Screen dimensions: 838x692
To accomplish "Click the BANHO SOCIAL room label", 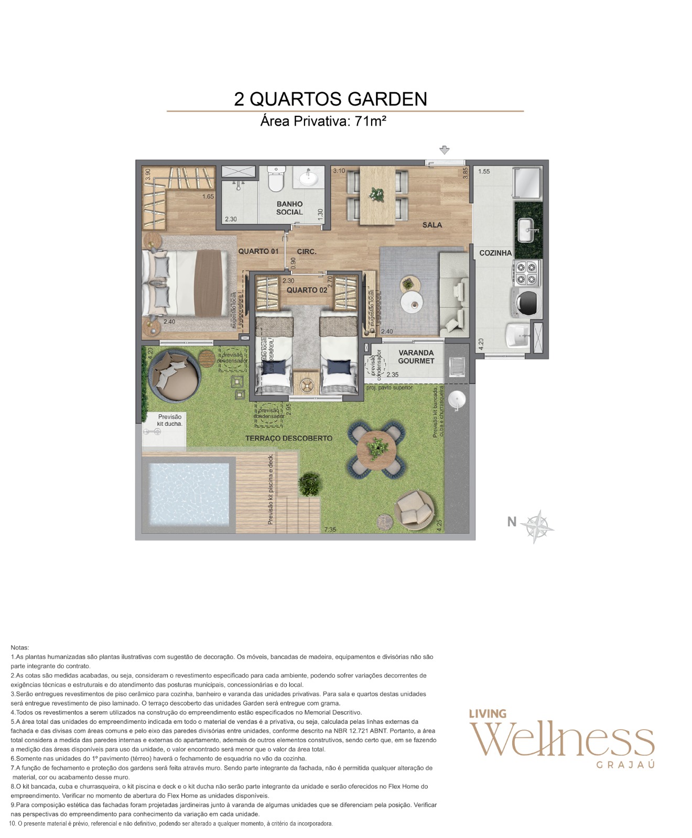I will point(289,208).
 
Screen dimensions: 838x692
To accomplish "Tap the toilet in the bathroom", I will point(275,180).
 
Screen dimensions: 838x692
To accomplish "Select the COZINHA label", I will point(495,252).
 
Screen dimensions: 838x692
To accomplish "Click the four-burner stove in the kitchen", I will point(526,273).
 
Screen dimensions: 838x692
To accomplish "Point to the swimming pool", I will point(188,494).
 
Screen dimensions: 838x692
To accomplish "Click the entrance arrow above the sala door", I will point(445,150).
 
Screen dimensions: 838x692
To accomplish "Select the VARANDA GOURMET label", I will point(416,357).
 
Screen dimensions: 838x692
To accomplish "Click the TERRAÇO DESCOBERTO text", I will point(288,438).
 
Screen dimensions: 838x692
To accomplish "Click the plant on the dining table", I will point(376,195).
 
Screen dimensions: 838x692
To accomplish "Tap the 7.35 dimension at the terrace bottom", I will point(330,530).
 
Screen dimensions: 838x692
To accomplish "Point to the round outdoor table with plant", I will point(376,449).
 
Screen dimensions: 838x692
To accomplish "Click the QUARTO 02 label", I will point(307,290).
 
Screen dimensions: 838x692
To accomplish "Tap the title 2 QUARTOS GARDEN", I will point(330,99).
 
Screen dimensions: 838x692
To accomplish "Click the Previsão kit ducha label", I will point(170,420).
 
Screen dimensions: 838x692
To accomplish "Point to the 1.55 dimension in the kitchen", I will point(484,171).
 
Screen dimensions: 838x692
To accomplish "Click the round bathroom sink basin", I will point(308,179).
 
